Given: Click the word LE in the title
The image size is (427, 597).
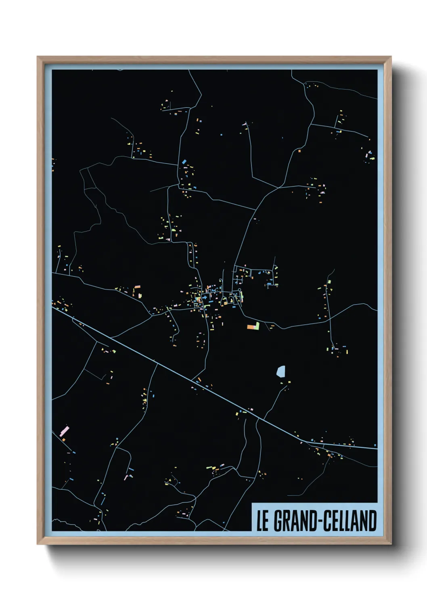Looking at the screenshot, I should pyautogui.click(x=262, y=521).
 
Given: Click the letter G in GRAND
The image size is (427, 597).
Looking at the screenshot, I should pyautogui.click(x=278, y=521).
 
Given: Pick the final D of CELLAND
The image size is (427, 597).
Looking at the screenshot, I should pyautogui.click(x=373, y=521).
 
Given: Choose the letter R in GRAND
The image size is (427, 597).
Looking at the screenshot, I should pyautogui.click(x=285, y=521).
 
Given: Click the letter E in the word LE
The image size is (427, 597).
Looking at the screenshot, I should pyautogui.click(x=265, y=521).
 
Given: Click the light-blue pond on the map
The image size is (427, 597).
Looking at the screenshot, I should pyautogui.click(x=281, y=371).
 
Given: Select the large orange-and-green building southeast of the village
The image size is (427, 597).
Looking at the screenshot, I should pyautogui.click(x=253, y=326).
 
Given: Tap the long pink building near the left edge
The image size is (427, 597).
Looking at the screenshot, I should pyautogui.click(x=64, y=431).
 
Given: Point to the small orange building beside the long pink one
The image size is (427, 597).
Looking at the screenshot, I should pyautogui.click(x=63, y=439).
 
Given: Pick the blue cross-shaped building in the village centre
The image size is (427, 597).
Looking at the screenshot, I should pyautogui.click(x=210, y=298).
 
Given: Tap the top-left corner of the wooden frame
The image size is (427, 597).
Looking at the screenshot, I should pyautogui.click(x=38, y=57).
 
